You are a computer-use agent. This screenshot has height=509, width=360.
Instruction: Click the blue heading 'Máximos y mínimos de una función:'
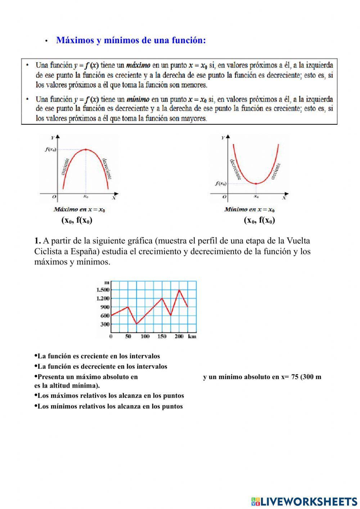(131, 40)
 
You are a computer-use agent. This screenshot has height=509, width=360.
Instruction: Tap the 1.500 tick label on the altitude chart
(103, 290)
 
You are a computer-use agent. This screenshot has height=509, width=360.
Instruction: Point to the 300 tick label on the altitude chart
(105, 324)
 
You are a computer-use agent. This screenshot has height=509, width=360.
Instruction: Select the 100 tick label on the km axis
(145, 336)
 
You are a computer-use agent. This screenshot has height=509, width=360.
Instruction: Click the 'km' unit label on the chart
(192, 336)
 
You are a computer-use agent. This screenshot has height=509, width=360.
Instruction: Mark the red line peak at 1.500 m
(179, 290)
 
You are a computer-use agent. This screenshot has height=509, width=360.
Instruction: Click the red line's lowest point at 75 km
(136, 324)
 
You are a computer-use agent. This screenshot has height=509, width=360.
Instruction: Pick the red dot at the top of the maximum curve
(86, 149)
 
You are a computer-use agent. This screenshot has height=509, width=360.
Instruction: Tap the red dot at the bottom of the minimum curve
(256, 184)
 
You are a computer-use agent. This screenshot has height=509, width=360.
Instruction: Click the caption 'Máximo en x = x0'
(79, 210)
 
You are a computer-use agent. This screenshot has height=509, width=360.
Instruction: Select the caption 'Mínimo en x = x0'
(249, 210)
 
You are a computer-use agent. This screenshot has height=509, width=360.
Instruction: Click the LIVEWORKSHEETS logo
(304, 501)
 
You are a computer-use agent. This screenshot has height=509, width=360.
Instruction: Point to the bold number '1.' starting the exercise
(38, 241)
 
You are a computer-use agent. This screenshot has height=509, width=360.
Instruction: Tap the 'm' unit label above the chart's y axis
(106, 283)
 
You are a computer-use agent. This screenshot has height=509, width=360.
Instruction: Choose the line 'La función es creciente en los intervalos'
(99, 356)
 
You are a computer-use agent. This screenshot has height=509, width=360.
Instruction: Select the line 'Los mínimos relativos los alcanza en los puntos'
(110, 407)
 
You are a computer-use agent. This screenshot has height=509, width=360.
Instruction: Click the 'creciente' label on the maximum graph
(65, 167)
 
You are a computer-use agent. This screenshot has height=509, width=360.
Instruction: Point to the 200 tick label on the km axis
(179, 336)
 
